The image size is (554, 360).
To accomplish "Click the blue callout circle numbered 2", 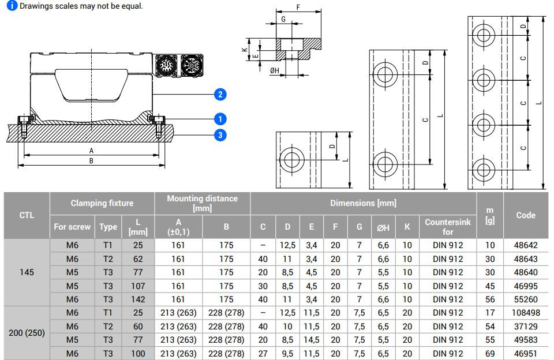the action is tap(220, 95).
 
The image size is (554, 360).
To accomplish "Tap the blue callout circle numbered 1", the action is tap(220, 119).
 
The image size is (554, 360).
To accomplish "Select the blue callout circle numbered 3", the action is tap(220, 135).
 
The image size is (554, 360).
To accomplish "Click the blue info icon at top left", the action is tap(12, 6).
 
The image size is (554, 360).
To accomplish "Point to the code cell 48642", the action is tap(526, 245).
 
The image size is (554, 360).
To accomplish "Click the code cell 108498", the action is tap(526, 313).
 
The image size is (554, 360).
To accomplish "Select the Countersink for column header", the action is tap(448, 227).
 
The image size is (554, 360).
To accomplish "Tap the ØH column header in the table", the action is tap(383, 227).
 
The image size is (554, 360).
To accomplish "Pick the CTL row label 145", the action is tap(27, 272).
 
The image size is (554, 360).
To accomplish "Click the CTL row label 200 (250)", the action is tap(27, 333).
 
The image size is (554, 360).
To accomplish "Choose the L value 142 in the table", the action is tap(138, 299).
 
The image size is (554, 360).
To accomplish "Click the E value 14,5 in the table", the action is tap(311, 340).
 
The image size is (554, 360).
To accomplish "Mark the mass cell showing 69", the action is tap(490, 353).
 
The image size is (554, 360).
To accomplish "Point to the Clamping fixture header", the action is tap(102, 203).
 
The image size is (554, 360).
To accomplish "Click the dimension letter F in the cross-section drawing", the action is tap(298, 7).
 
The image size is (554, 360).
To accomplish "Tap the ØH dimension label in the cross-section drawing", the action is tap(275, 70).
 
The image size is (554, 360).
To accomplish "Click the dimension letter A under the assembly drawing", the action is tap(91, 151).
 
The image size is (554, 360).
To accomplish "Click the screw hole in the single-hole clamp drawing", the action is tap(291, 160).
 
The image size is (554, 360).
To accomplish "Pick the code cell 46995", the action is tap(526, 286).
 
